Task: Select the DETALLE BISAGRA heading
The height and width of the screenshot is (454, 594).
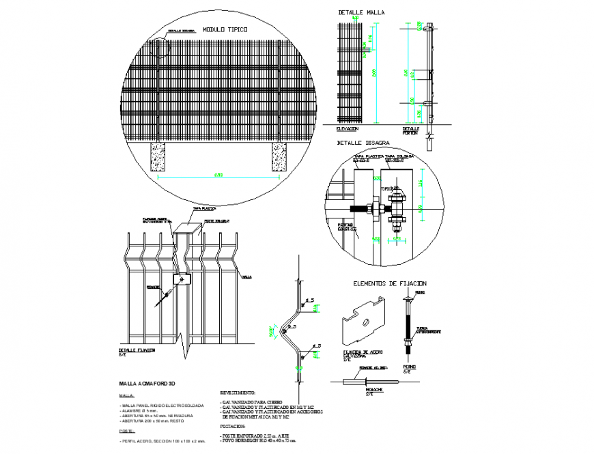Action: (363, 143)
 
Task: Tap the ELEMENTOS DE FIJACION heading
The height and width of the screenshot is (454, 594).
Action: (389, 283)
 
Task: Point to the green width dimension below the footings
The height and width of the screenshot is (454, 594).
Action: (219, 176)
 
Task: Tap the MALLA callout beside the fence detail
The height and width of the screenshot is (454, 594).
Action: (247, 277)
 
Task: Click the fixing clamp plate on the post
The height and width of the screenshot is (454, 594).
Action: (182, 279)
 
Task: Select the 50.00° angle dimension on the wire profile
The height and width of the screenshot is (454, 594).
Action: (272, 332)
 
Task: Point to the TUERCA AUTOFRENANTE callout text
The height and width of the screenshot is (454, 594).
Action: (429, 330)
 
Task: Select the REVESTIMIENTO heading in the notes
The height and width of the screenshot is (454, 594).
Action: (238, 393)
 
